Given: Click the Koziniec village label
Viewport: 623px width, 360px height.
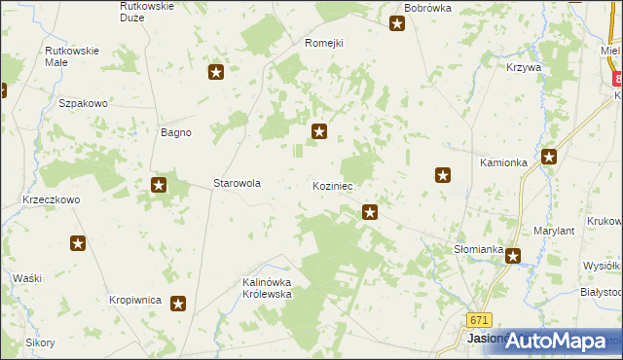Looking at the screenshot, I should (333, 185).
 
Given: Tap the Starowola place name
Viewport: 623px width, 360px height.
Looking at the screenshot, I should (237, 182).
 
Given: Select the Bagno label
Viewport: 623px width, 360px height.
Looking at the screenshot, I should (175, 132).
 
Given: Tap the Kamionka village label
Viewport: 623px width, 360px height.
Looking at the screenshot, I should (503, 162).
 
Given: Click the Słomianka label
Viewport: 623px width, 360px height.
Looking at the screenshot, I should (478, 249).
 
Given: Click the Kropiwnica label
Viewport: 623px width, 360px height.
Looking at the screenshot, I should (134, 301).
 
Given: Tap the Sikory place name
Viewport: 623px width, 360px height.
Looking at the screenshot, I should (40, 342).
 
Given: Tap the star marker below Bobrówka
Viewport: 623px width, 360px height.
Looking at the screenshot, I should (397, 24).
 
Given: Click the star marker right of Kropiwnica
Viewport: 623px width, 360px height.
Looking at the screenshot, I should (178, 304).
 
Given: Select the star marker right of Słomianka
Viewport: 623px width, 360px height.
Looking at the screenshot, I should (512, 256).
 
